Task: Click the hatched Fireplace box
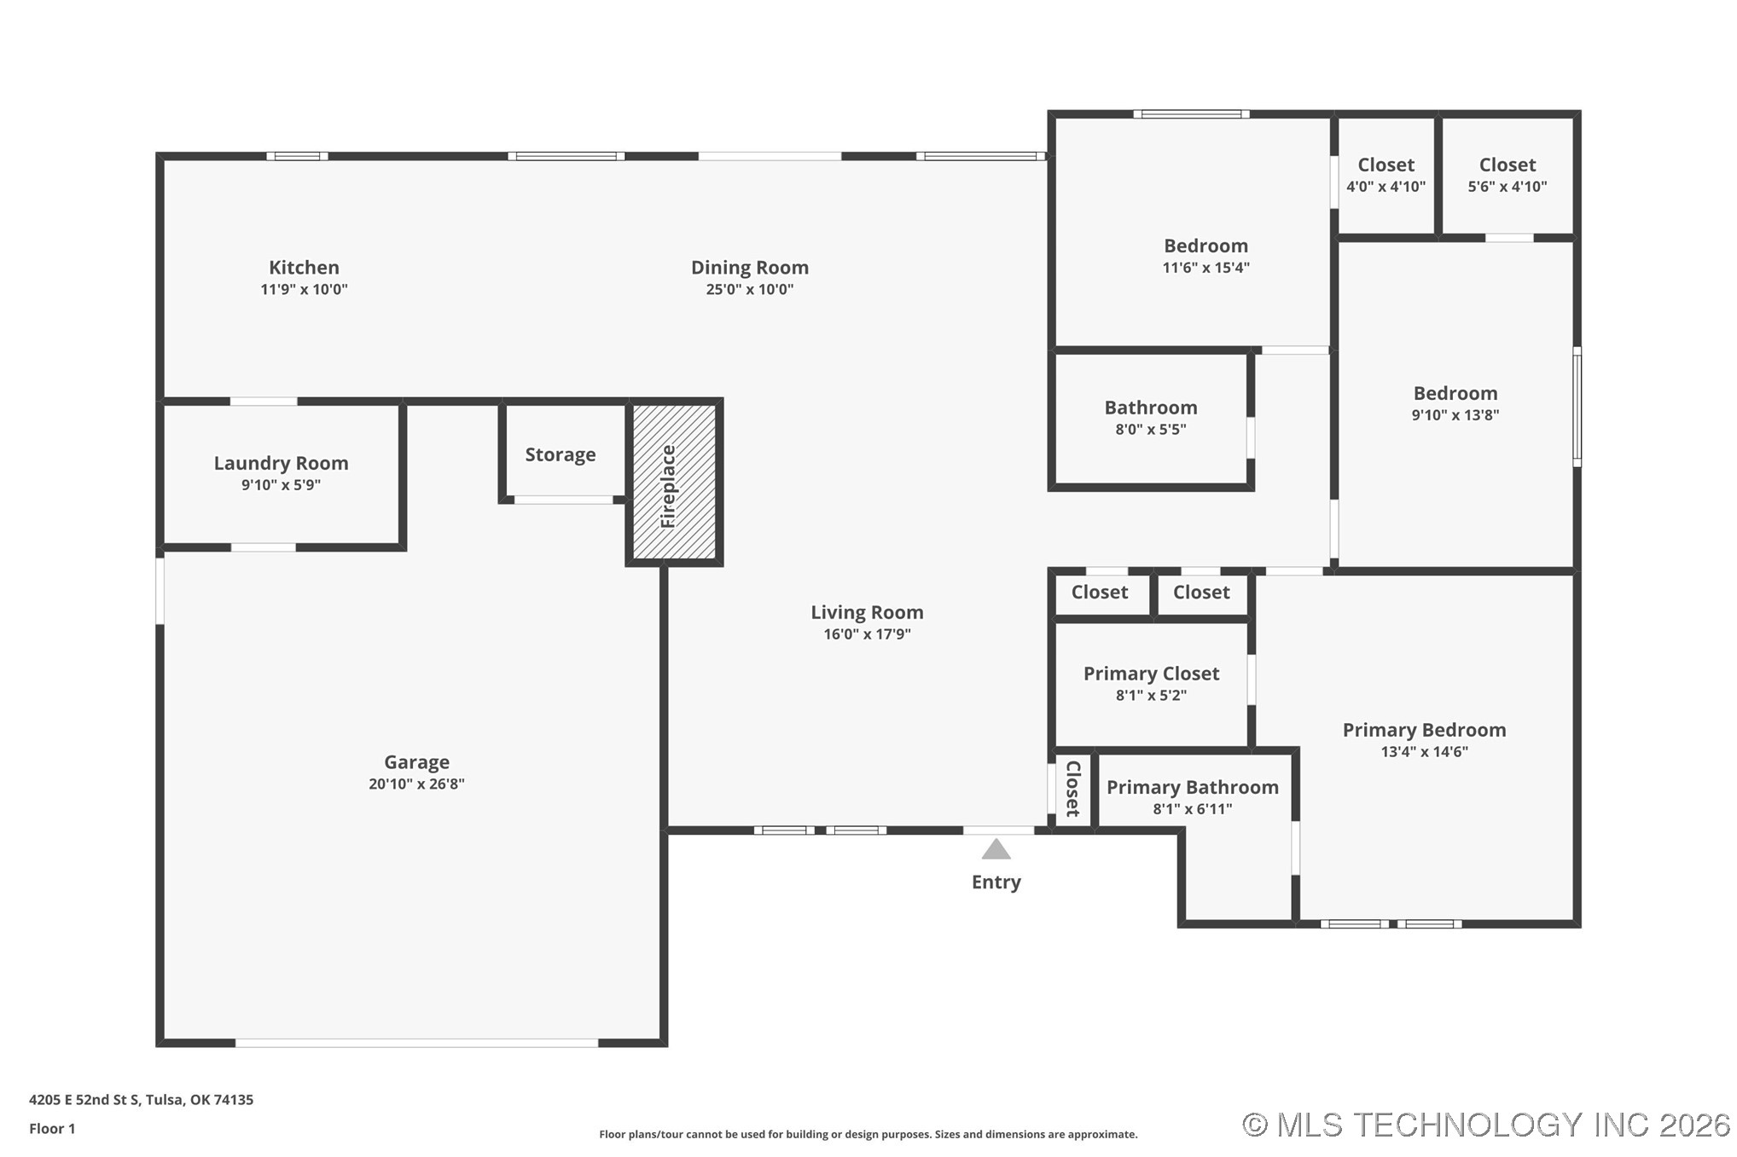point(674,482)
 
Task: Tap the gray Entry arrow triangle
point(996,848)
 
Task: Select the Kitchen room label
point(304,268)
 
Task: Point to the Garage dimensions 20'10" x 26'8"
point(416,784)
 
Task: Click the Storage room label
point(561,455)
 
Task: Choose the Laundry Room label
point(281,463)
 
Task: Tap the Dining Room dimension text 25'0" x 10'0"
point(750,290)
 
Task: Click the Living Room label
point(867,612)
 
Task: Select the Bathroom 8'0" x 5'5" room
point(1151,418)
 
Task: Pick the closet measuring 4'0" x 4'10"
point(1386,176)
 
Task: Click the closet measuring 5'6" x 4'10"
point(1508,176)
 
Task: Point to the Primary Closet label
point(1151,674)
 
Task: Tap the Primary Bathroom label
point(1193,788)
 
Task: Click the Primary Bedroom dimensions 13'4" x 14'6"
point(1425,752)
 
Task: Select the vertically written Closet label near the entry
point(1073,789)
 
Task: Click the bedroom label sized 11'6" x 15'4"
point(1205,246)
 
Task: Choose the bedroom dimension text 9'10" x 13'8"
point(1455,415)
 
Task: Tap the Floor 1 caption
point(52,1129)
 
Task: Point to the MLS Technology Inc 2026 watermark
point(1486,1125)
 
